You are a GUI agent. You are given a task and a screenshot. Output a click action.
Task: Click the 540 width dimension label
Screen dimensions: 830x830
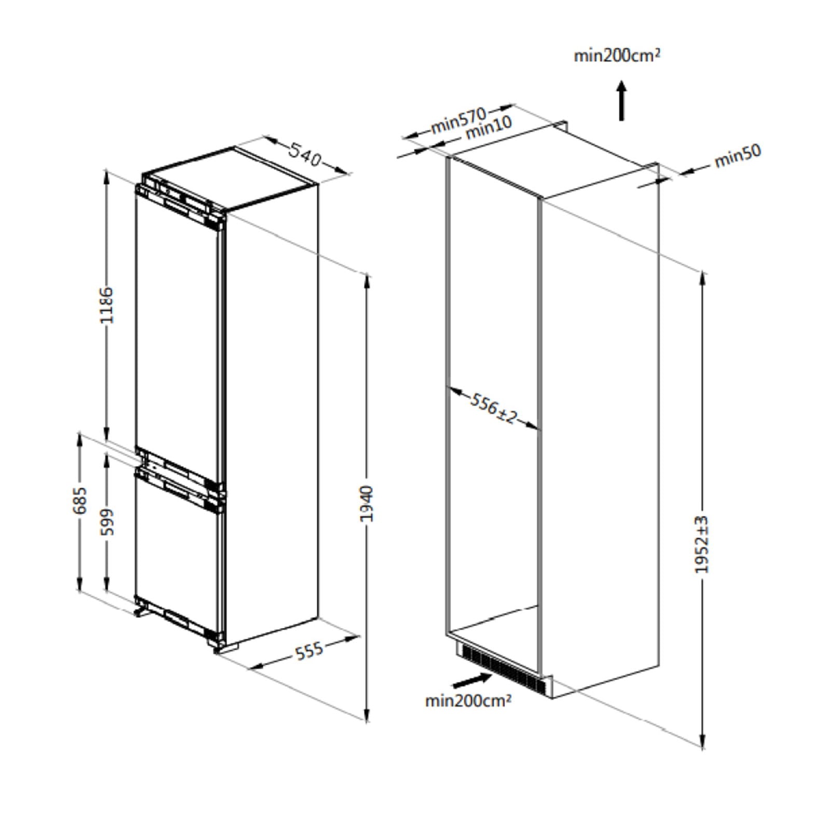tap(305, 154)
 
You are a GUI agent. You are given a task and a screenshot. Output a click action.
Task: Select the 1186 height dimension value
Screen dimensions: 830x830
tap(106, 305)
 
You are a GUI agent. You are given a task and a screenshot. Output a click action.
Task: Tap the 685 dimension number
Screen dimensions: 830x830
tap(79, 500)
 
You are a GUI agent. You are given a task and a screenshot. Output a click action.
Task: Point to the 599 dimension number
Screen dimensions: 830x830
tap(106, 521)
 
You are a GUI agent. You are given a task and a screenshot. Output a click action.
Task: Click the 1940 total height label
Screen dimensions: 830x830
tap(367, 503)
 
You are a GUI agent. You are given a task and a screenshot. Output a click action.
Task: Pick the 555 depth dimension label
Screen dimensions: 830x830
tap(309, 651)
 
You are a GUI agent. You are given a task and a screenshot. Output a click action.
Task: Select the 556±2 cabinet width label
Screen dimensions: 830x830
tap(493, 408)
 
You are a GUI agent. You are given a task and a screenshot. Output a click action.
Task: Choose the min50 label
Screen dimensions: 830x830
tap(737, 155)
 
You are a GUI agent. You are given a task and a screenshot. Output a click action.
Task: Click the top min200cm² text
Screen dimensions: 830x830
tap(617, 55)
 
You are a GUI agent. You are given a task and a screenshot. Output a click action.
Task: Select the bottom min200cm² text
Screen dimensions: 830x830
tap(468, 700)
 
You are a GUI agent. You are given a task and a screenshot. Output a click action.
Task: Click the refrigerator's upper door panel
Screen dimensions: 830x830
tap(176, 332)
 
